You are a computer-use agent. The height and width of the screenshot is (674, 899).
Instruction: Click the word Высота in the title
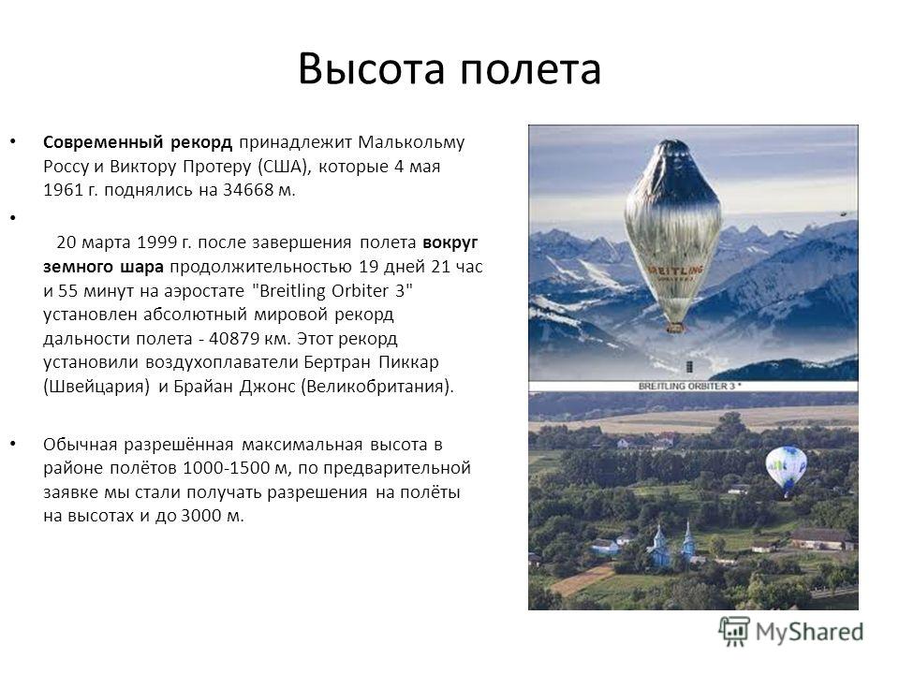pyautogui.click(x=372, y=68)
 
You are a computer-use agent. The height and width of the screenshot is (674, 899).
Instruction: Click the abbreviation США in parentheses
pyautogui.click(x=283, y=167)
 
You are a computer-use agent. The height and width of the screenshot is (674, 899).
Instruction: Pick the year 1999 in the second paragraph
pyautogui.click(x=156, y=242)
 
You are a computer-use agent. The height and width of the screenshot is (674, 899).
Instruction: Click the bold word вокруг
pyautogui.click(x=450, y=243)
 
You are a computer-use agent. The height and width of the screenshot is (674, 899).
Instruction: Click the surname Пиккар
pyautogui.click(x=409, y=363)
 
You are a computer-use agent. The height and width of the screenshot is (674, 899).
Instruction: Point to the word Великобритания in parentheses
pyautogui.click(x=375, y=387)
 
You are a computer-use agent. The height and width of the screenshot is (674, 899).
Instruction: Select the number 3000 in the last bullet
pyautogui.click(x=201, y=516)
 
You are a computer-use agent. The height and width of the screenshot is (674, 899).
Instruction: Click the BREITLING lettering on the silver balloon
pyautogui.click(x=675, y=270)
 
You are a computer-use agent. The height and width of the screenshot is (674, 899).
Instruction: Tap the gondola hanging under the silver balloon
pyautogui.click(x=675, y=328)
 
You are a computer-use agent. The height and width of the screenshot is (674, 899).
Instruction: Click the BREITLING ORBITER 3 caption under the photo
pyautogui.click(x=690, y=387)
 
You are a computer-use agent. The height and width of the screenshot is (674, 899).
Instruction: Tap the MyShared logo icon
pyautogui.click(x=734, y=632)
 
